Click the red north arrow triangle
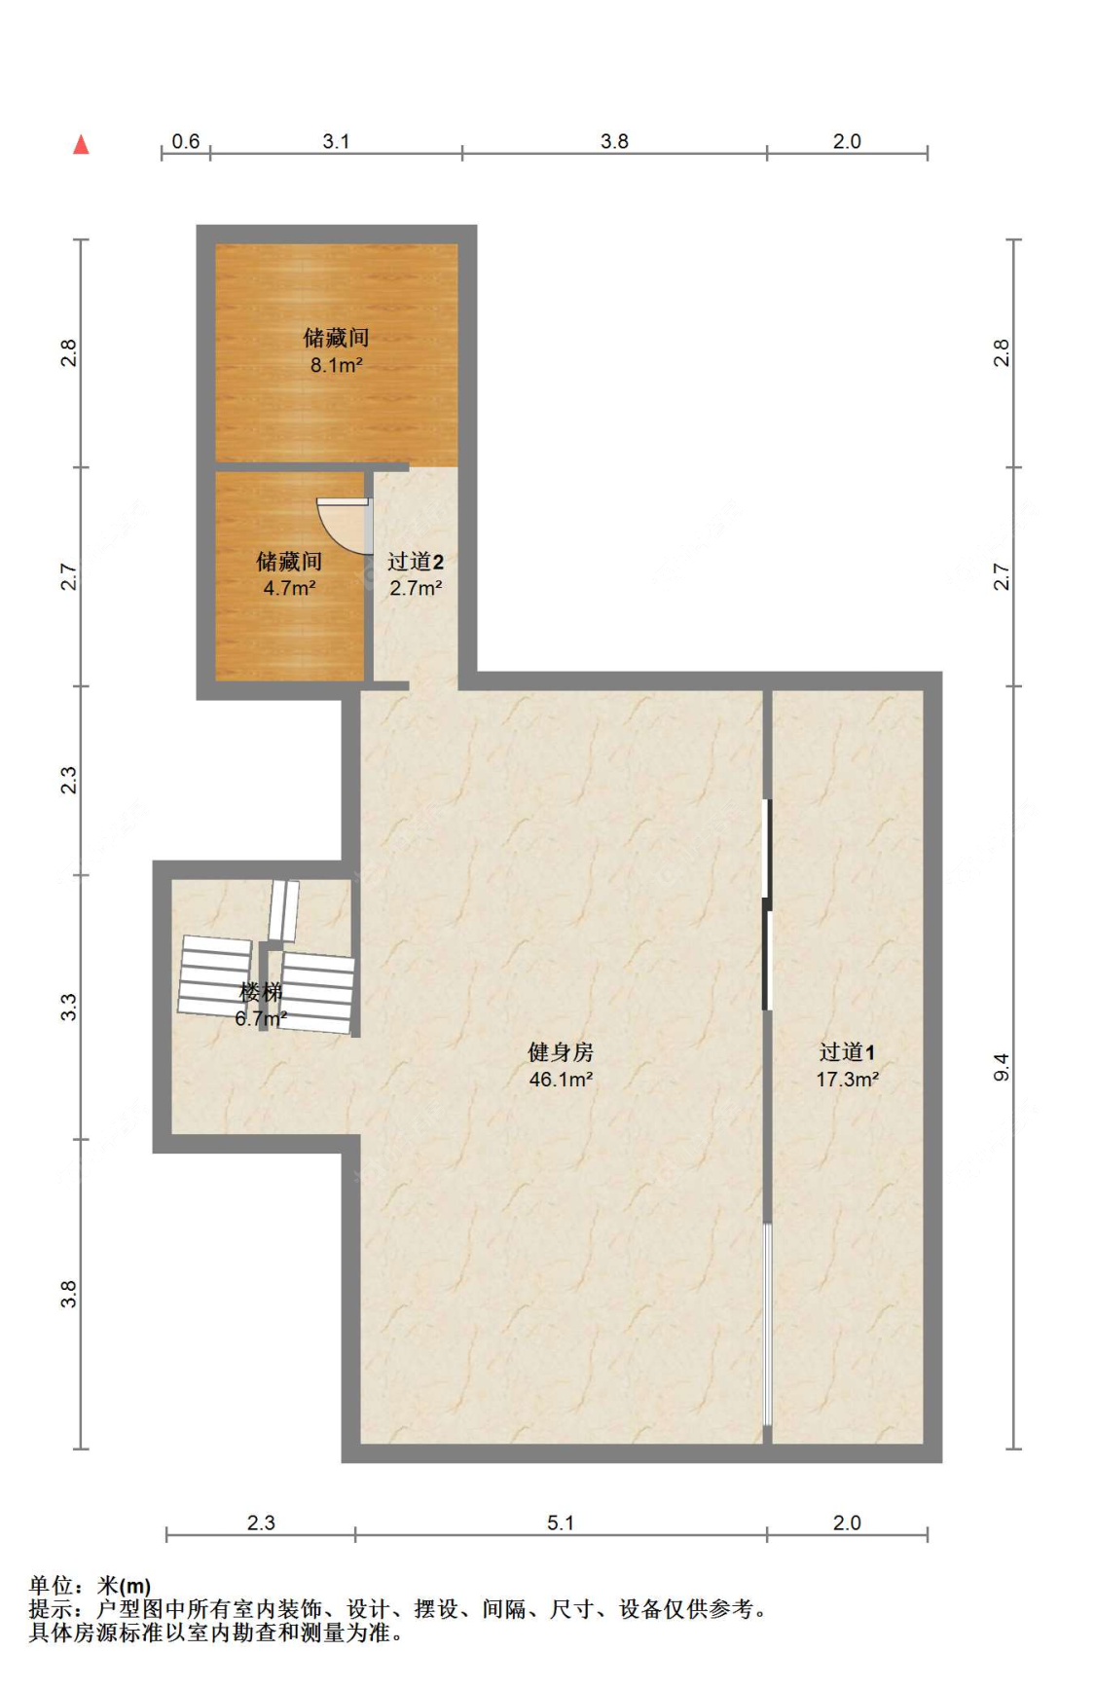point(82,145)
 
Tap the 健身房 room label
point(561,1051)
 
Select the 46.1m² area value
point(561,1079)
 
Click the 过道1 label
point(847,1051)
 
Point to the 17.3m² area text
point(847,1079)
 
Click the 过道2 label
point(416,561)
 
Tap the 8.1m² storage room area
point(336,365)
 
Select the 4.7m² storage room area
point(289,588)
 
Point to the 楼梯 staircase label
point(261,992)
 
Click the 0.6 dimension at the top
point(185,141)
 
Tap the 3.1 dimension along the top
point(336,141)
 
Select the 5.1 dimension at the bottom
point(561,1523)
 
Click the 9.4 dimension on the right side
point(1002,1067)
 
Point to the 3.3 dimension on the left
point(68,1007)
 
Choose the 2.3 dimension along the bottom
point(261,1523)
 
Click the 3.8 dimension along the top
point(614,141)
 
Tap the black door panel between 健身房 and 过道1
point(767,905)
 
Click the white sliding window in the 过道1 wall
point(767,1324)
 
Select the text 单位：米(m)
point(90,1587)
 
